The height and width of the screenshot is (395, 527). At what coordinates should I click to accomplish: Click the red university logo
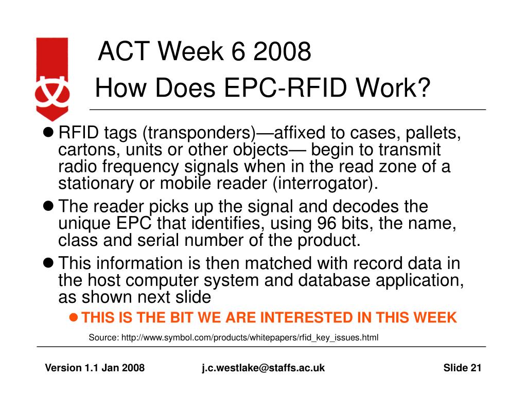tap(52, 79)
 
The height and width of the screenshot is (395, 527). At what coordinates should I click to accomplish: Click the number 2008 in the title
tap(282, 51)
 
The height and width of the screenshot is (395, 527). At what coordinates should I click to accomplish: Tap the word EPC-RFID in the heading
tap(285, 87)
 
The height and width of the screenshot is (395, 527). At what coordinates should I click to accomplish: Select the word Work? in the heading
tap(393, 87)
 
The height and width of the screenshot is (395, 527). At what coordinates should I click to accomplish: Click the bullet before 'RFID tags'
tap(48, 132)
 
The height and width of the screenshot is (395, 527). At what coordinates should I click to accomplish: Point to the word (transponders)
tap(199, 133)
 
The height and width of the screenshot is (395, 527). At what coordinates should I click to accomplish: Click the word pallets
tap(433, 133)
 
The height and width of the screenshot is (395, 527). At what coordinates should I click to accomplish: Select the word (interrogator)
tap(325, 184)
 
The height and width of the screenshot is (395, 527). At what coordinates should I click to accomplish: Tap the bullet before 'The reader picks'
tap(48, 206)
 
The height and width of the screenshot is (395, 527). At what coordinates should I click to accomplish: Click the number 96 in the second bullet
tap(326, 223)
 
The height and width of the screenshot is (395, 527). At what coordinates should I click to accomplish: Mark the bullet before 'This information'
tap(48, 263)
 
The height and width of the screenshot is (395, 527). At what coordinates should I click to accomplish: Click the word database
tap(334, 280)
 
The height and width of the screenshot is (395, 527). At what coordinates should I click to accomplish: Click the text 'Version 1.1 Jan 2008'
tap(95, 368)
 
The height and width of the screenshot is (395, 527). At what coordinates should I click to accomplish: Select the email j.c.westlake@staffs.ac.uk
tap(263, 368)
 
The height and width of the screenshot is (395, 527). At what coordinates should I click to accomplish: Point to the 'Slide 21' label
tap(462, 368)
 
